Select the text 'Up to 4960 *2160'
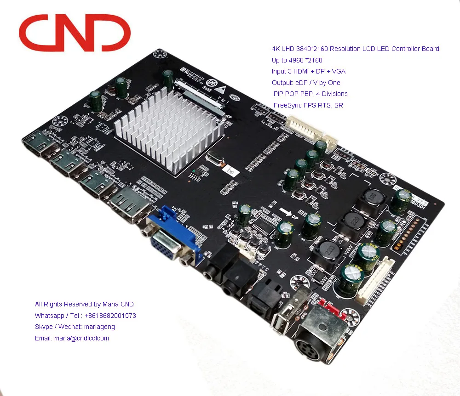[297, 60]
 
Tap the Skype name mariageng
[101, 327]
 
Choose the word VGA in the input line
[338, 71]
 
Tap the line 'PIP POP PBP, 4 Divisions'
[310, 94]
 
